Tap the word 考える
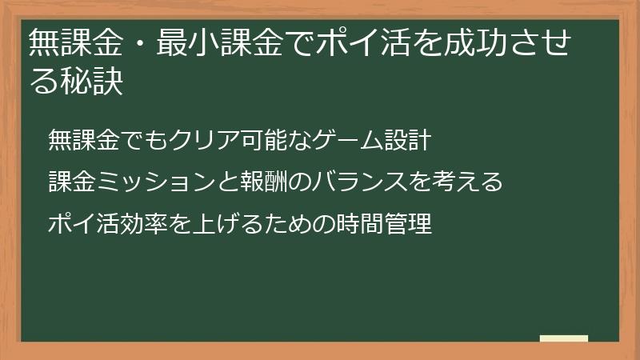(468, 182)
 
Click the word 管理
(409, 224)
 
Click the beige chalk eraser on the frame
(564, 339)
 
